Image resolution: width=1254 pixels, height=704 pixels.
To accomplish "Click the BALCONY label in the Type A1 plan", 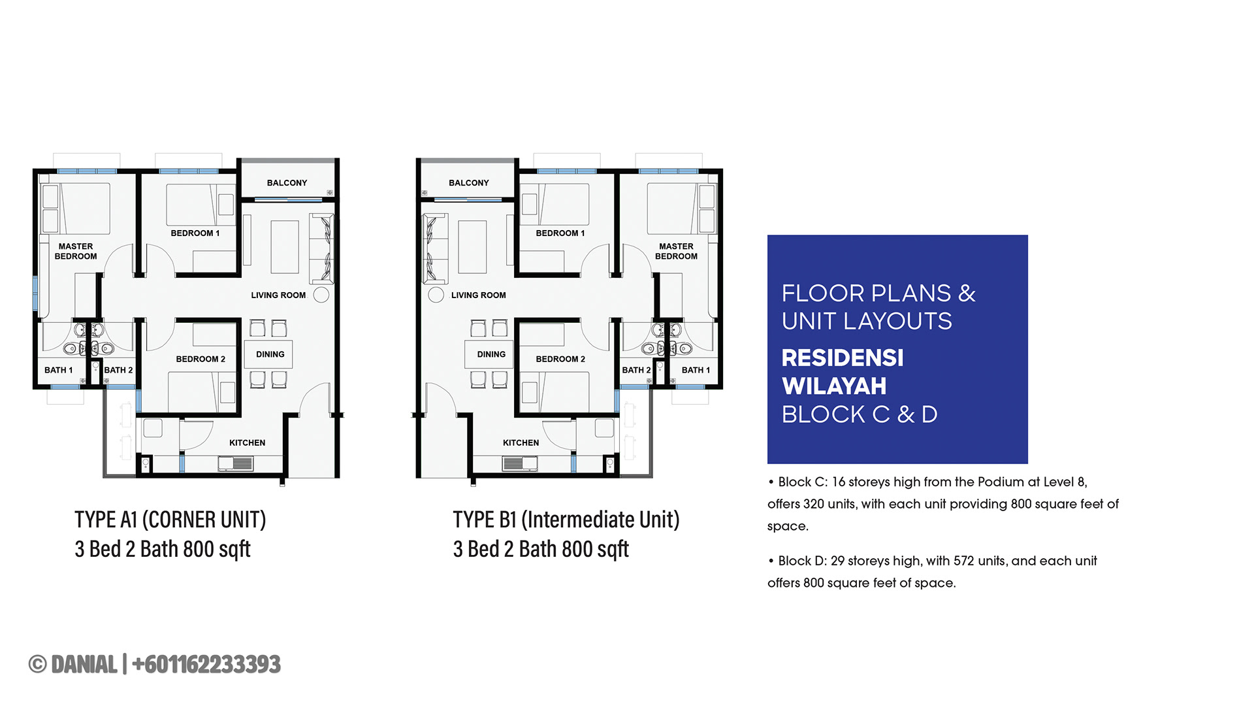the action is click(x=287, y=183).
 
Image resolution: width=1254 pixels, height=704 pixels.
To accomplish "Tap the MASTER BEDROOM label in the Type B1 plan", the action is click(x=676, y=251).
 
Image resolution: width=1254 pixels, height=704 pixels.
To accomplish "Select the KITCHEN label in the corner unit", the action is click(x=247, y=443).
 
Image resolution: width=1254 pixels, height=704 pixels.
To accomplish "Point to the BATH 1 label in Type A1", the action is click(x=58, y=370).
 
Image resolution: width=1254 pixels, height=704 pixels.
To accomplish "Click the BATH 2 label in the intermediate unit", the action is click(x=636, y=370).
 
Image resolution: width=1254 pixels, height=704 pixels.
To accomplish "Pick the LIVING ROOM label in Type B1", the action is click(x=478, y=295).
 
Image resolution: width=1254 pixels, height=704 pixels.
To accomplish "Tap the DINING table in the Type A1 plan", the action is click(x=269, y=354).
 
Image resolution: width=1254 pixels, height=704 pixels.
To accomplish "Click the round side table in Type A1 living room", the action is click(x=321, y=295).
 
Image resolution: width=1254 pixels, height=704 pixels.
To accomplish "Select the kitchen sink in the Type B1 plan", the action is click(x=520, y=463).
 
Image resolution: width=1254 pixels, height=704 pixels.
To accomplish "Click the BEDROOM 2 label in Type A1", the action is click(x=201, y=359).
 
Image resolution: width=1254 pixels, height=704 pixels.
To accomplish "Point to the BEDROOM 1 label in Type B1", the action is click(x=560, y=233).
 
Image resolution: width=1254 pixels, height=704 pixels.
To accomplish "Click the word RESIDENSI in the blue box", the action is click(x=843, y=358).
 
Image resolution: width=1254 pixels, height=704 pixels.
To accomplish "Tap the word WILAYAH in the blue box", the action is click(x=834, y=386).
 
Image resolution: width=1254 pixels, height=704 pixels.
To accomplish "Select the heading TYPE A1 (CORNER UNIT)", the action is click(x=170, y=520).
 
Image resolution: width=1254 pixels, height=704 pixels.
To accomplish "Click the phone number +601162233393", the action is click(x=206, y=664).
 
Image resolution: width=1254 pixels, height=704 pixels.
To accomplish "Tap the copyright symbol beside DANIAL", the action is click(x=38, y=664).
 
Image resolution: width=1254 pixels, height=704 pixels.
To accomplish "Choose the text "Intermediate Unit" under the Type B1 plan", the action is click(x=600, y=520).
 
